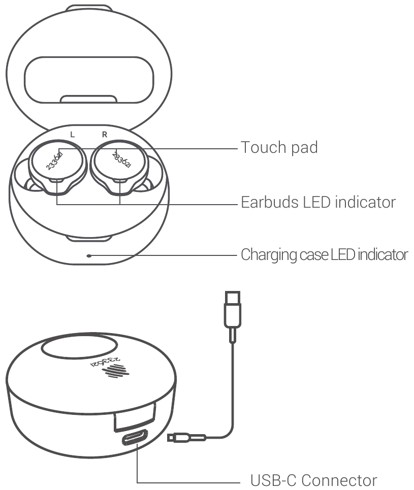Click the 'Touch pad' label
(279, 147)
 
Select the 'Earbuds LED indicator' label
(319, 202)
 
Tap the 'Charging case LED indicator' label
(324, 255)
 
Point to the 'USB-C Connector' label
(313, 480)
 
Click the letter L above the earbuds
(73, 135)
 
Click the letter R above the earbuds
(105, 135)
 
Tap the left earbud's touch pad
(57, 161)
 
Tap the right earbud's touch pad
(119, 161)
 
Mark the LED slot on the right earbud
(120, 181)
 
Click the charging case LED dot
(89, 255)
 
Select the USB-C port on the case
(135, 437)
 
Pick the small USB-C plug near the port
(186, 438)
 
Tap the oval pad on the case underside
(79, 348)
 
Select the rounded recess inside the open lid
(89, 80)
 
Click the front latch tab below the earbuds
(89, 239)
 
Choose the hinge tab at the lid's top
(89, 8)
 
